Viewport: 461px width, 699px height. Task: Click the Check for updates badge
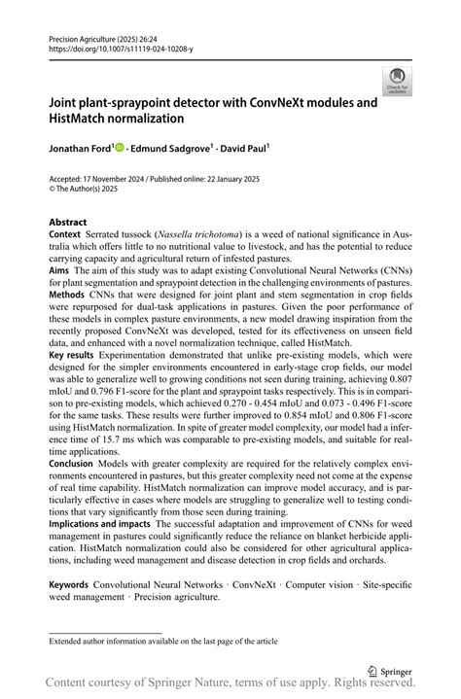click(x=397, y=81)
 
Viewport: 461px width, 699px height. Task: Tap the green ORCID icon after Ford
click(x=120, y=149)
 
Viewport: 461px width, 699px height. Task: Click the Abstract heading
click(x=68, y=223)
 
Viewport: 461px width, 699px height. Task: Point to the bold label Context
click(x=64, y=236)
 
